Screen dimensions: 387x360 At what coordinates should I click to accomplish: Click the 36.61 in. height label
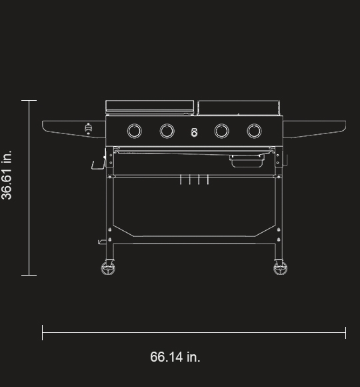click(x=7, y=175)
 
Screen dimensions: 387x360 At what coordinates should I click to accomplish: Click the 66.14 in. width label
click(x=175, y=357)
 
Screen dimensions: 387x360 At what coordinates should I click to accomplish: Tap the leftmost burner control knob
click(x=134, y=131)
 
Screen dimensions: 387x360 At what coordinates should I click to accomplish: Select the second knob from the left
click(x=167, y=131)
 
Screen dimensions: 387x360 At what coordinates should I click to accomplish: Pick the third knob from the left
click(x=221, y=131)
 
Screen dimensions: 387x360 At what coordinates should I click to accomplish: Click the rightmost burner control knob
click(x=254, y=131)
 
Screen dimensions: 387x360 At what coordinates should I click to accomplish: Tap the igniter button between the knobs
click(x=194, y=131)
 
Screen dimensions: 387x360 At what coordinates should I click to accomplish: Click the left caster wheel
click(x=108, y=268)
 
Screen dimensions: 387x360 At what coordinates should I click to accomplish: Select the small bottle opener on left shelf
click(x=89, y=129)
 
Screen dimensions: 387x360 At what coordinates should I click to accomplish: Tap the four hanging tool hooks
click(x=194, y=179)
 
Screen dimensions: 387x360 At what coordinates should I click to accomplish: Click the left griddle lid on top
click(x=149, y=106)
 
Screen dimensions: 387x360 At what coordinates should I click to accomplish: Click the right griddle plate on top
click(x=238, y=107)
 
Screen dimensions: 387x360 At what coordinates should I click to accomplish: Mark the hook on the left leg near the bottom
click(x=103, y=241)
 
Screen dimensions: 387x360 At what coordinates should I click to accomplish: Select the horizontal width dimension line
click(x=193, y=332)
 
